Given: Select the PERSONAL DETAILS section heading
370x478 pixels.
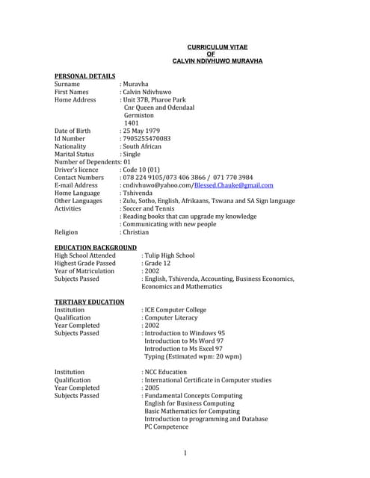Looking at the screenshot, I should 85,76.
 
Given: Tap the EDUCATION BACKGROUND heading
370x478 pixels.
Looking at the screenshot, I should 96,247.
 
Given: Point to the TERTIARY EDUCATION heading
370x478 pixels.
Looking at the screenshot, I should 90,302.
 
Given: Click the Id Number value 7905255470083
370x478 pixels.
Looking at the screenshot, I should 147,139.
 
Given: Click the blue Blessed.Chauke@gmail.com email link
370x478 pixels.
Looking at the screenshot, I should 234,185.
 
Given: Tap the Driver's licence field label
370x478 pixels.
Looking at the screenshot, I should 77,170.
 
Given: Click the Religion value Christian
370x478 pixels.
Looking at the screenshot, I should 137,232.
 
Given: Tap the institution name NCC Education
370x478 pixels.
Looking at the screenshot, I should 166,372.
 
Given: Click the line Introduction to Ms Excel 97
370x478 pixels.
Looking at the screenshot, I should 183,349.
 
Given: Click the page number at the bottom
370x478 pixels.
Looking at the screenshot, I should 185,453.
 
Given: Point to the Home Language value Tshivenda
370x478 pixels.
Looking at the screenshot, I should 138,193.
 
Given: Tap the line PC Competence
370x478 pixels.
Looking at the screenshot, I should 170,426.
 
